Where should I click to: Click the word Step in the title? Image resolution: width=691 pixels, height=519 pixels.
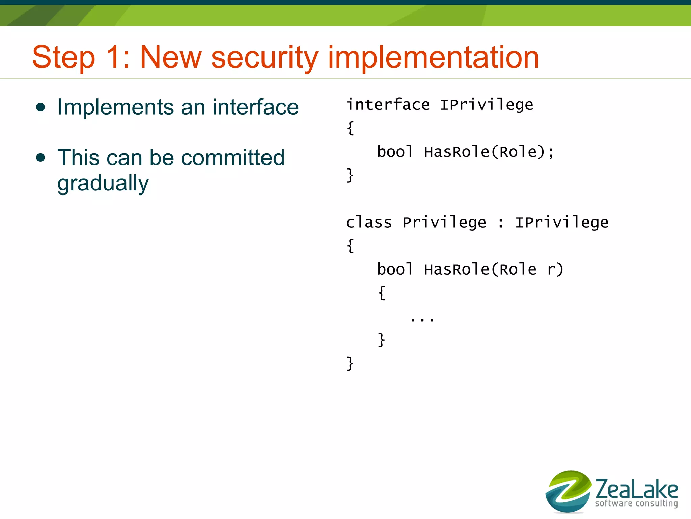pyautogui.click(x=63, y=57)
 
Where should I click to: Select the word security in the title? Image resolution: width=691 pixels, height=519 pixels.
pyautogui.click(x=265, y=57)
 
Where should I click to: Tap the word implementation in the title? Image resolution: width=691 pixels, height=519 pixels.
pyautogui.click(x=434, y=57)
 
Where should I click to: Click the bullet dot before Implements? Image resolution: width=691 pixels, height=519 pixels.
pyautogui.click(x=40, y=107)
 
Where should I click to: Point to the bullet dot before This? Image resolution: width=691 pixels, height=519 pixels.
pyautogui.click(x=40, y=158)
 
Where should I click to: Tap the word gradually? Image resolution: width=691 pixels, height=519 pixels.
pyautogui.click(x=103, y=184)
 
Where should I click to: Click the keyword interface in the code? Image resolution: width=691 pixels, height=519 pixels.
pyautogui.click(x=388, y=105)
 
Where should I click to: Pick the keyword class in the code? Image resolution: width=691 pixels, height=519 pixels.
pyautogui.click(x=369, y=223)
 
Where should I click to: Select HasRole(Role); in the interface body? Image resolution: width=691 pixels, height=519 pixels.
pyautogui.click(x=489, y=152)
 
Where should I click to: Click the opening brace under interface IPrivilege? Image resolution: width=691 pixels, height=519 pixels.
pyautogui.click(x=351, y=128)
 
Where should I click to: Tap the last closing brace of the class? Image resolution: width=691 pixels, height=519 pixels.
pyautogui.click(x=350, y=364)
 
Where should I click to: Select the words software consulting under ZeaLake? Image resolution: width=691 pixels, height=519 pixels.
pyautogui.click(x=636, y=503)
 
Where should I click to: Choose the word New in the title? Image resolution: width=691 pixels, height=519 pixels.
pyautogui.click(x=171, y=57)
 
